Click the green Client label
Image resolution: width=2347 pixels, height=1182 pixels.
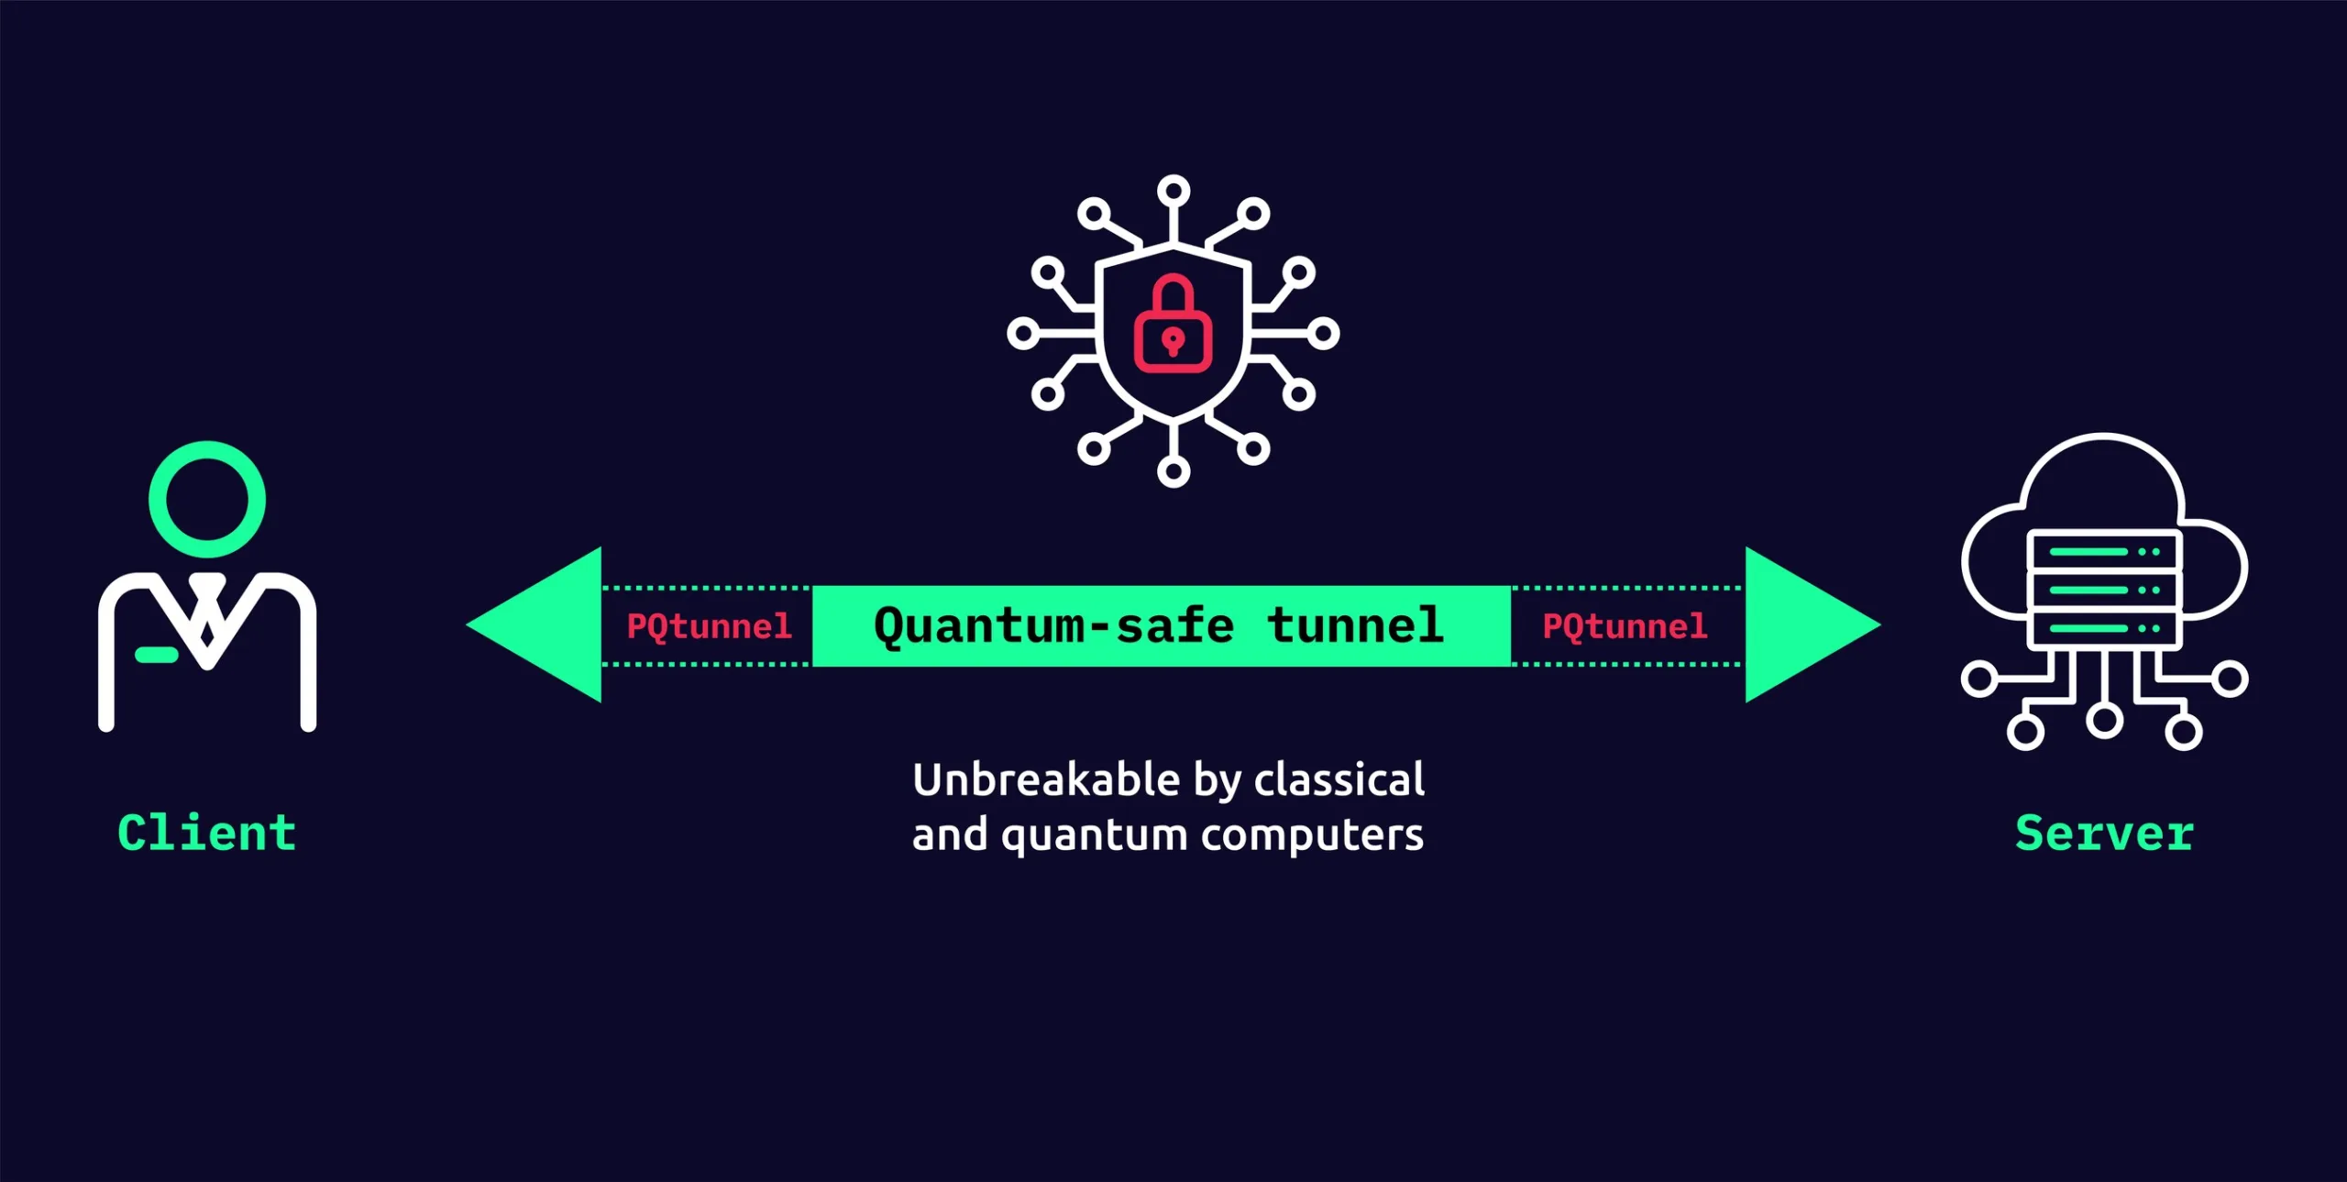click(206, 833)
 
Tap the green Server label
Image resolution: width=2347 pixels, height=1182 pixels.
click(2104, 833)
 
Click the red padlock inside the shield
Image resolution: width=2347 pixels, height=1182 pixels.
click(1173, 326)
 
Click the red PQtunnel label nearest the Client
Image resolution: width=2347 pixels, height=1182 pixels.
click(709, 626)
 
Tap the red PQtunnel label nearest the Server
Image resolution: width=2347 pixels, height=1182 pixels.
click(1625, 626)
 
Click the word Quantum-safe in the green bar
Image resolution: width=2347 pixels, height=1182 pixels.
click(1053, 626)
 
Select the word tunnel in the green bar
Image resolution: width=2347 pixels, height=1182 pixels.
click(1355, 626)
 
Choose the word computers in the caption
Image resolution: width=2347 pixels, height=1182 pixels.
click(1312, 835)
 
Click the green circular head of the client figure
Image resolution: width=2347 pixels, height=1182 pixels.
click(207, 500)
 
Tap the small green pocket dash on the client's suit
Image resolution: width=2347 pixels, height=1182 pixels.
click(156, 654)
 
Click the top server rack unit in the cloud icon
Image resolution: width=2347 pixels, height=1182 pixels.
click(2104, 552)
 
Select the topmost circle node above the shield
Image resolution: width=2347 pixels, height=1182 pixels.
click(1173, 192)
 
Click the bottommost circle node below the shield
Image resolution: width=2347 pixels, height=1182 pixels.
click(1173, 471)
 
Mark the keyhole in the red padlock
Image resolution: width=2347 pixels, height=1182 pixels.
click(1173, 342)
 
